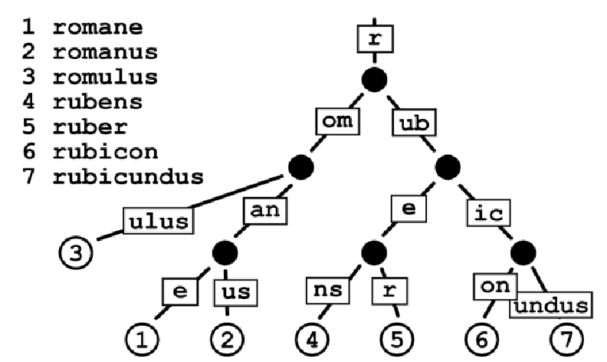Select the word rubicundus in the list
(128, 177)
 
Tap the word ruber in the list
(91, 127)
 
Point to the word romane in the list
(98, 28)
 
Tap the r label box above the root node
(374, 38)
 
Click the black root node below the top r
(374, 79)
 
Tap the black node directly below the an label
(225, 252)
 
